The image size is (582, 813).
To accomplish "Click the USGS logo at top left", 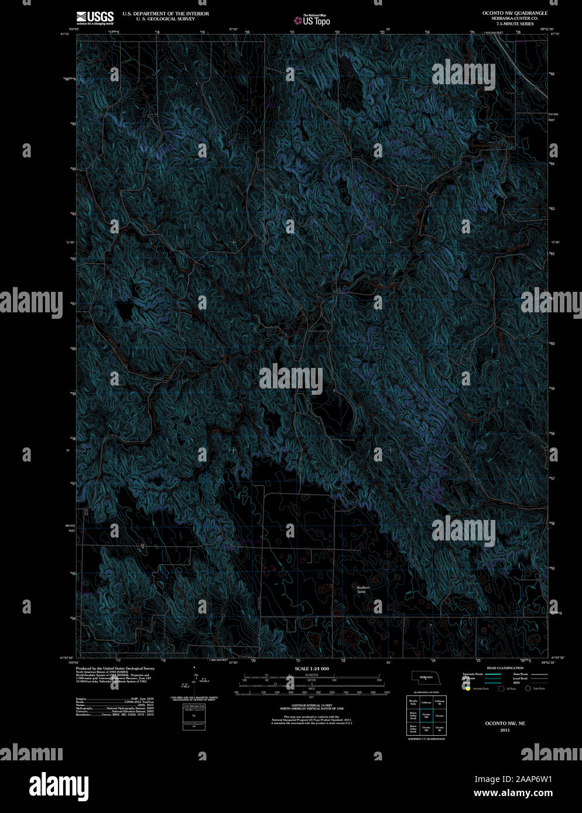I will (95, 17).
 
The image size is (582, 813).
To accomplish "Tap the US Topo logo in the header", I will (312, 20).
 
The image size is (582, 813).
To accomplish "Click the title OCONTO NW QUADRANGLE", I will (507, 12).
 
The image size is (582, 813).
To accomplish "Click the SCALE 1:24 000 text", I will (311, 669).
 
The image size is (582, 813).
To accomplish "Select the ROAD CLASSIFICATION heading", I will (505, 668).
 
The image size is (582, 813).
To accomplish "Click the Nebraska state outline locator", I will (426, 677).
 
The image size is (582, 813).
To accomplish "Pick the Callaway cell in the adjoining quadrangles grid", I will (426, 702).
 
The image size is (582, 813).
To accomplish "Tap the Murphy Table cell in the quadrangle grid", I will (413, 702).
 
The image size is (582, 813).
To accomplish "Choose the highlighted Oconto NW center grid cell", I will (426, 715).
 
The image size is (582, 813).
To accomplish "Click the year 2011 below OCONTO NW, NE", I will (505, 730).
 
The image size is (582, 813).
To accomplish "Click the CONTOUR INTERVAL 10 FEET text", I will (311, 707).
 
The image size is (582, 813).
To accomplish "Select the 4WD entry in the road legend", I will (516, 683).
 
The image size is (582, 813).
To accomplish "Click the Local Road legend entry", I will (520, 678).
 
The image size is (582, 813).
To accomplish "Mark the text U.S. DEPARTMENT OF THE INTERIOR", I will (165, 13).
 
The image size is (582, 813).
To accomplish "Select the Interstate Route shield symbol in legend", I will (468, 688).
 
